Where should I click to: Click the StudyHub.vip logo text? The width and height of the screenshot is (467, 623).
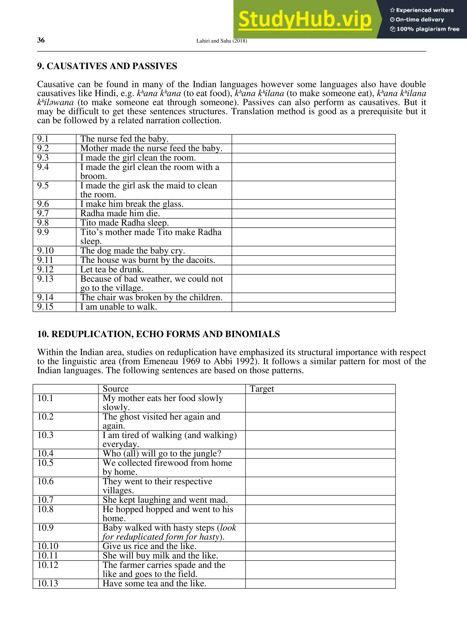305,20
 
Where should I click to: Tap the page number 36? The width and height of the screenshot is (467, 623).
41,40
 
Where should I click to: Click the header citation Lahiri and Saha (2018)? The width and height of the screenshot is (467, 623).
222,41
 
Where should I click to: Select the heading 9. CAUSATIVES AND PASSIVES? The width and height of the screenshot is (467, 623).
107,66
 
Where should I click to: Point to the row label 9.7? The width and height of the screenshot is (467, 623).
43,213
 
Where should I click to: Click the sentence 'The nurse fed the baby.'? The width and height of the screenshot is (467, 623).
125,139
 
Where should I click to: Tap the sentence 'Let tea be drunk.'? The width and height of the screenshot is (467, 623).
112,270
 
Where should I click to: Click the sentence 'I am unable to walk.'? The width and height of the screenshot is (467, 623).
119,307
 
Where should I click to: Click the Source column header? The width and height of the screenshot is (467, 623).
115,389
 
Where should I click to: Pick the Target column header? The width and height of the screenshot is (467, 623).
262,389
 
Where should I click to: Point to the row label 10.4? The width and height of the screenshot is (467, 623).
45,454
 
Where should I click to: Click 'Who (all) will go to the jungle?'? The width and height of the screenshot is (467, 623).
162,454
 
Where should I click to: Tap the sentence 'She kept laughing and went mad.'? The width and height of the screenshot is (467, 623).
165,500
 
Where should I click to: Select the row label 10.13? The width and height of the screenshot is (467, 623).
48,584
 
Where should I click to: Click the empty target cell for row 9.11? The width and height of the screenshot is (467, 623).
313,260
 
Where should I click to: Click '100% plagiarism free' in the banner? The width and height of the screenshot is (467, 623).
427,29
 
